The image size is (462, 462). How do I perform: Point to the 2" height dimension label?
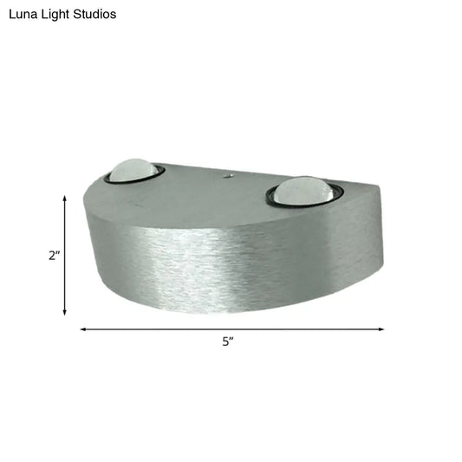pos(54,256)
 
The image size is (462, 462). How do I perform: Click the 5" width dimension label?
pos(228,342)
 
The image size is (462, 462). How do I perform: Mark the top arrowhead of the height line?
pos(65,198)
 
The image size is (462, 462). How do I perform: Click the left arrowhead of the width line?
pos(83,329)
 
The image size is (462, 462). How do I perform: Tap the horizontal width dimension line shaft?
pos(173,329)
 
